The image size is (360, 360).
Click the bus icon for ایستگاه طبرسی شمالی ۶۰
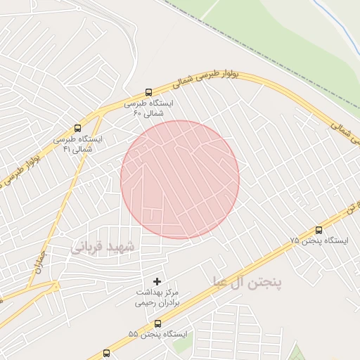[148, 92]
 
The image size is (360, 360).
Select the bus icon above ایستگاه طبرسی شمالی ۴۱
[77, 129]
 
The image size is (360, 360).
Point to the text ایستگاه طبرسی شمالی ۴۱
[77, 144]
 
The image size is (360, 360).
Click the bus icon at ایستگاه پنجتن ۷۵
[319, 229]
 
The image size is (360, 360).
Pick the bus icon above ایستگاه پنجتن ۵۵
[157, 323]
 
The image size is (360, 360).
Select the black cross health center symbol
[157, 281]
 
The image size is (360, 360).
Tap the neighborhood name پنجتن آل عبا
[247, 282]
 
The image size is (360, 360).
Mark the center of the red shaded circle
[180, 179]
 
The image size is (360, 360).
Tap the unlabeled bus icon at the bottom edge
[107, 353]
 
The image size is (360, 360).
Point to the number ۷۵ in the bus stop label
[294, 240]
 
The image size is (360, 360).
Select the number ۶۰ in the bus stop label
[139, 112]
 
